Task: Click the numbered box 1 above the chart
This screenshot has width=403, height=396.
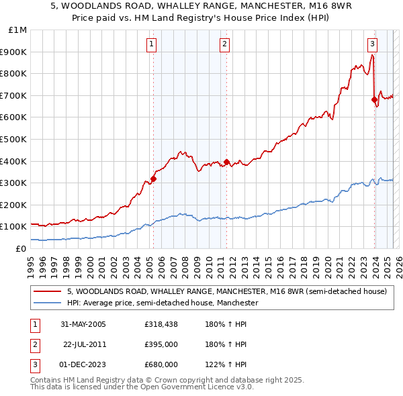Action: click(152, 45)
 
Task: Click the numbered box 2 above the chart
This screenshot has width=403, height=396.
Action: click(224, 45)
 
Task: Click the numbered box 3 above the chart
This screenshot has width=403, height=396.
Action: click(372, 45)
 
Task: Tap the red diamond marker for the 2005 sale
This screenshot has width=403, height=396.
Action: click(153, 179)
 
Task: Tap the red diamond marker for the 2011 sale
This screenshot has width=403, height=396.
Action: click(226, 162)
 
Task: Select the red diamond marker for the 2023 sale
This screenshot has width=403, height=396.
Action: click(374, 99)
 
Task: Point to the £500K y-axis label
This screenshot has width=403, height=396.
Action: click(13, 139)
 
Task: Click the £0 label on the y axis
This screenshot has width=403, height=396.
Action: click(21, 248)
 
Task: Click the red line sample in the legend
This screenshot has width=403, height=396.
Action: click(48, 292)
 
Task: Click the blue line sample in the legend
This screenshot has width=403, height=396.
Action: click(48, 303)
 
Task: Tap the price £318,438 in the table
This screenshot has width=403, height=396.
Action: click(161, 324)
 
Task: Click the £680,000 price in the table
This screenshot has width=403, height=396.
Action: click(161, 364)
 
